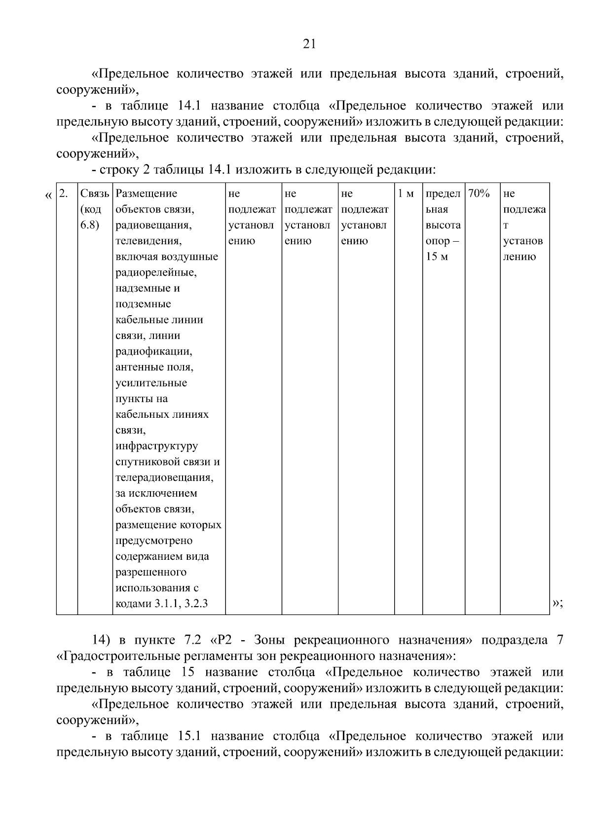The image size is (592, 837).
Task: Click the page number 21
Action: (308, 44)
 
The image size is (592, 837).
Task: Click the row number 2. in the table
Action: (63, 193)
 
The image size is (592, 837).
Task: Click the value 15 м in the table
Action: (437, 257)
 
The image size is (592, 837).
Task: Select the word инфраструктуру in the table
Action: (156, 446)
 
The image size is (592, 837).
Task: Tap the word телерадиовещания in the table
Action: (164, 478)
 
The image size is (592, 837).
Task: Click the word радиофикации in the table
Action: (153, 352)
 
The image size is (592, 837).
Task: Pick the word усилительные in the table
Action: (151, 383)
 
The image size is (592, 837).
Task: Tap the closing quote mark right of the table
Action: (557, 603)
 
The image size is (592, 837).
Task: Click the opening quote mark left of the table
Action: (48, 196)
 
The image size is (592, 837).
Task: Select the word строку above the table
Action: (117, 170)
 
